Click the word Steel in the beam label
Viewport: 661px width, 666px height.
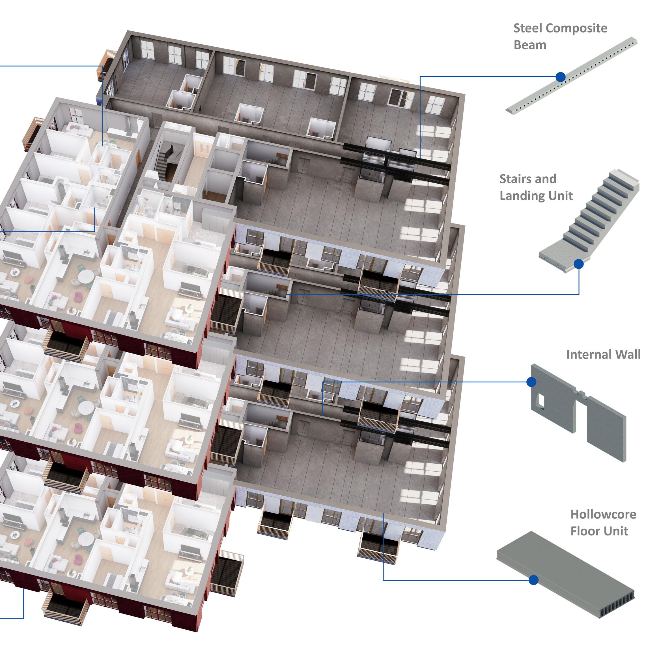coord(528,28)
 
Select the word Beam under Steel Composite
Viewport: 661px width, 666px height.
coord(530,45)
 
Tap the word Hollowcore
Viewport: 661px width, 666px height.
coord(603,514)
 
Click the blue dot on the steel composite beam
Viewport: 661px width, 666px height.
coord(561,77)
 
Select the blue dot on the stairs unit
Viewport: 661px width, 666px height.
coord(578,264)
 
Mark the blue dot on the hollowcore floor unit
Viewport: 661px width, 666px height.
coord(533,580)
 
